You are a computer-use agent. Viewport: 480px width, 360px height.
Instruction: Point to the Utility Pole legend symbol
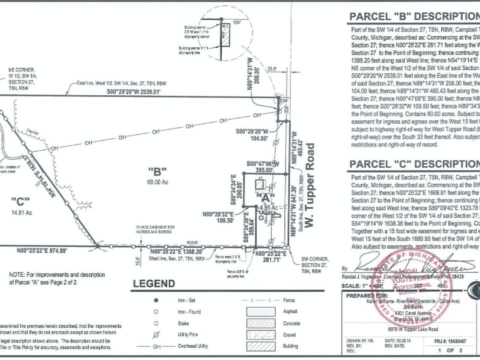click(x=156, y=334)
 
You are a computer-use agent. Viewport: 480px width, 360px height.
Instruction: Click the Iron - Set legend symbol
click(x=156, y=300)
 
